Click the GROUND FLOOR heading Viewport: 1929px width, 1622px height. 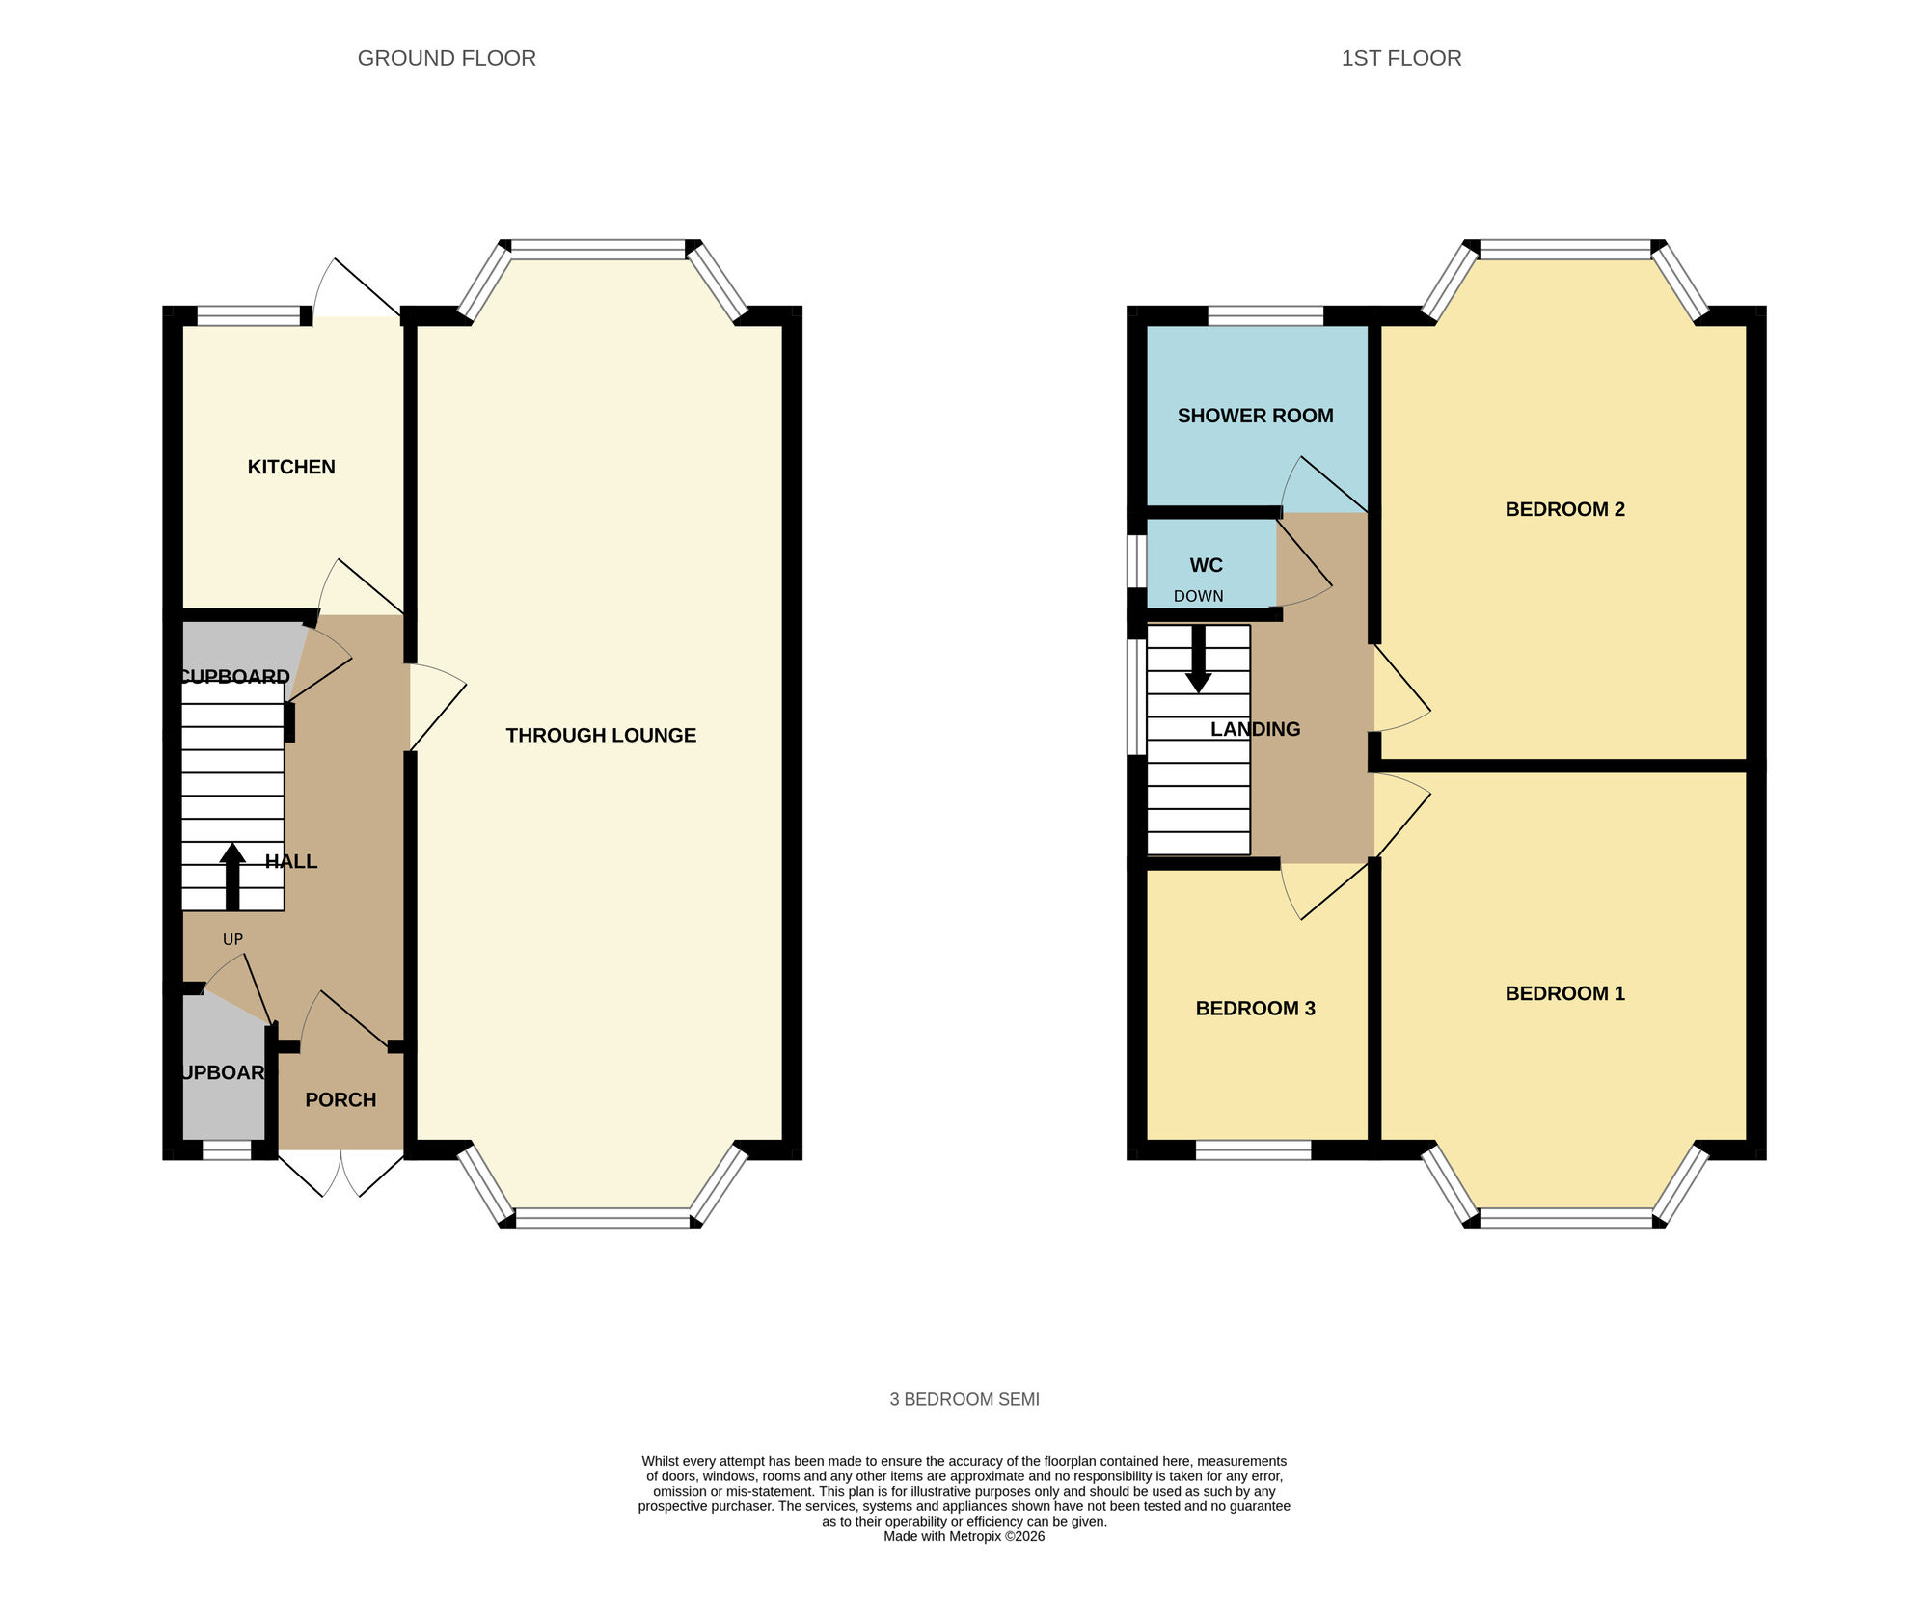[x=447, y=58]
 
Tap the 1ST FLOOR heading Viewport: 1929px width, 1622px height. [x=1400, y=58]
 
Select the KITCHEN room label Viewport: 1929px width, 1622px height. [x=291, y=467]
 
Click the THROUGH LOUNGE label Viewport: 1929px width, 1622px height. [x=601, y=735]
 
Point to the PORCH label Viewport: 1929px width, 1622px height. [x=340, y=1099]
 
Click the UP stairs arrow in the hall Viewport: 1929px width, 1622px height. [x=232, y=876]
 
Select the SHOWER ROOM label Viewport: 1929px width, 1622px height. [x=1255, y=416]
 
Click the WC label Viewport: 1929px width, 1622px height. [x=1206, y=565]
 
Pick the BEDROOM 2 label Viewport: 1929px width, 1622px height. [x=1564, y=509]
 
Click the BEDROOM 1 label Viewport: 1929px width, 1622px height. [x=1564, y=993]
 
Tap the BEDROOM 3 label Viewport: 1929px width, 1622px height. [x=1255, y=1009]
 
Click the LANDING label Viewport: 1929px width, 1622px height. [x=1255, y=729]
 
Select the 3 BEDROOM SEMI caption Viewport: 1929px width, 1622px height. [x=964, y=1399]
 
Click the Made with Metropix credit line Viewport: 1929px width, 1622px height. [x=964, y=1536]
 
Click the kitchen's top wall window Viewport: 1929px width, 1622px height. [x=249, y=315]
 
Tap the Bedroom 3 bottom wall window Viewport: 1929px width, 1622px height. [x=1253, y=1149]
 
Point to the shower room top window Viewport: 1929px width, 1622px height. [x=1265, y=315]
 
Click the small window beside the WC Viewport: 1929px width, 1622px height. [x=1137, y=561]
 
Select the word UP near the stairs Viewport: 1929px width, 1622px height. [x=232, y=939]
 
